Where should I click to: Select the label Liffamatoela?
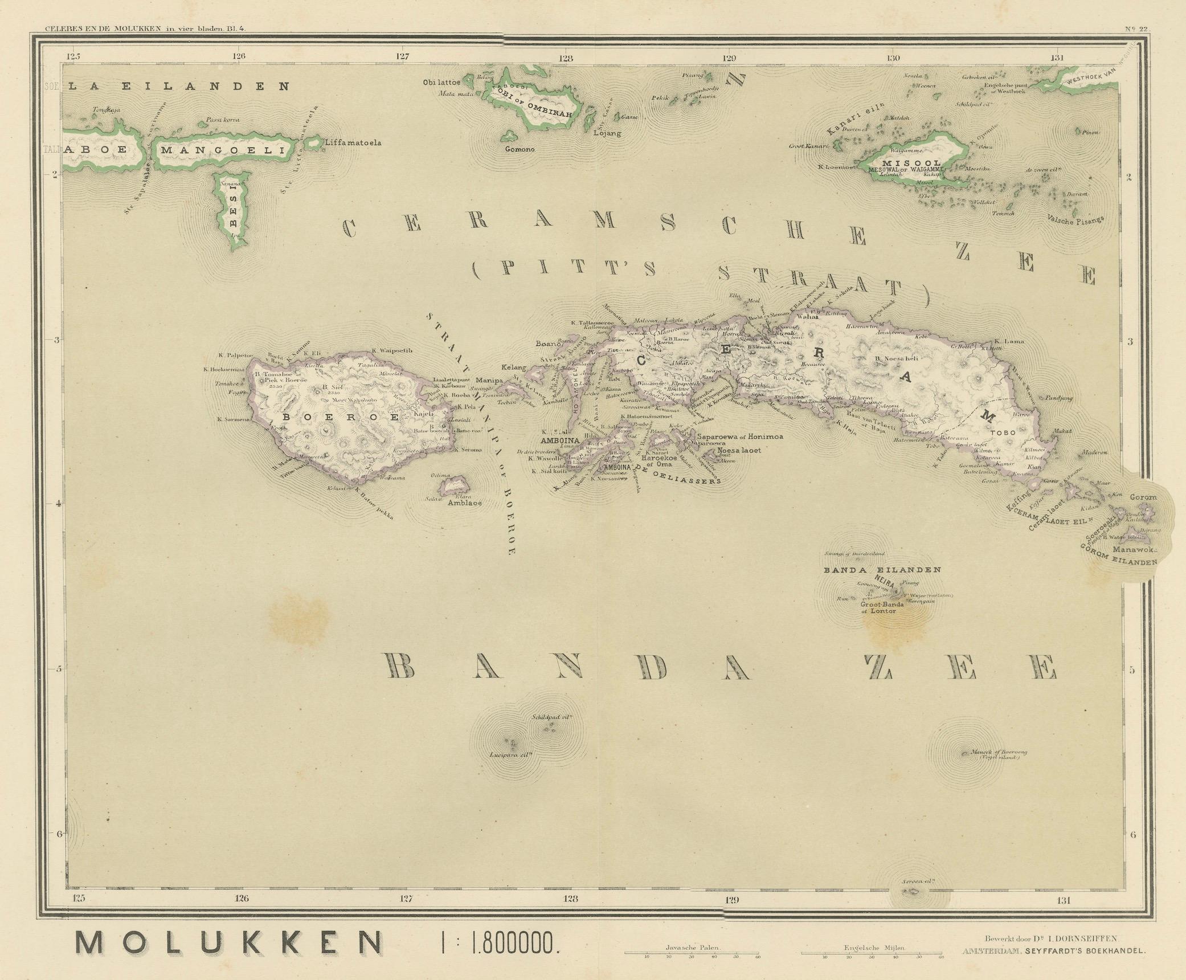(353, 142)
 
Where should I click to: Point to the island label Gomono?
(520, 149)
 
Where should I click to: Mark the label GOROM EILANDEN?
(1118, 555)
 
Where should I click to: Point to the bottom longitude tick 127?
(405, 900)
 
